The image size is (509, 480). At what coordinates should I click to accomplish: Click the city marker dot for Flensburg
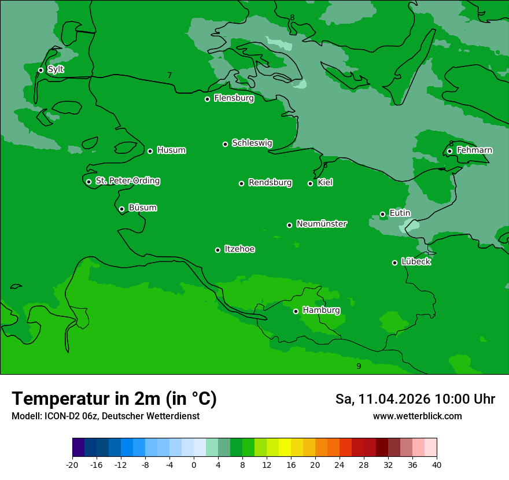point(207,99)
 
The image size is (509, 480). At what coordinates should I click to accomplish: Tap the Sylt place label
point(56,69)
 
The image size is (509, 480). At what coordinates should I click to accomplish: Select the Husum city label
point(171,150)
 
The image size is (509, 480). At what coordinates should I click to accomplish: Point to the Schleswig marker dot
point(226,144)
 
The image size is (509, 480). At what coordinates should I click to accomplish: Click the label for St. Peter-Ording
point(127,181)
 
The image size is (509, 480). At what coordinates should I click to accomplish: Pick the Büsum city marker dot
point(121,209)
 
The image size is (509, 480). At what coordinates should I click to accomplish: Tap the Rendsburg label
point(270,183)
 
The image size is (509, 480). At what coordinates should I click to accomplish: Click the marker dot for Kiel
point(310,183)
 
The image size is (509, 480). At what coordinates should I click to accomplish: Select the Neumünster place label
point(322,224)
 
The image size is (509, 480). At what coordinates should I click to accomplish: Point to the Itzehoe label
point(239,249)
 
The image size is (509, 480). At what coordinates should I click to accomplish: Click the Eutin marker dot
point(382,214)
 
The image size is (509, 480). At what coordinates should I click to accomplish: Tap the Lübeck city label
point(416,261)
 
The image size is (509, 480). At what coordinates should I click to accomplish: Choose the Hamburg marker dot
point(296,311)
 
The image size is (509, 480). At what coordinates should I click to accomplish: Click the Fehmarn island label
point(474,150)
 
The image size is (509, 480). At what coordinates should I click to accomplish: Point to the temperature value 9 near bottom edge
point(359,366)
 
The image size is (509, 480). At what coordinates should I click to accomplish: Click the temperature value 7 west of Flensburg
point(169,75)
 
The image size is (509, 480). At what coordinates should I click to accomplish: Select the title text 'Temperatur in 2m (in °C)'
point(114,398)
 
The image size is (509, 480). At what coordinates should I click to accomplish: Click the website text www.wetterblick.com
point(417,416)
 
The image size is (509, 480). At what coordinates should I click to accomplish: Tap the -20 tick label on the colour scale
point(72,464)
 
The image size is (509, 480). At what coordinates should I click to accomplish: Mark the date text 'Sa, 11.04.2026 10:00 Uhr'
point(415,399)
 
